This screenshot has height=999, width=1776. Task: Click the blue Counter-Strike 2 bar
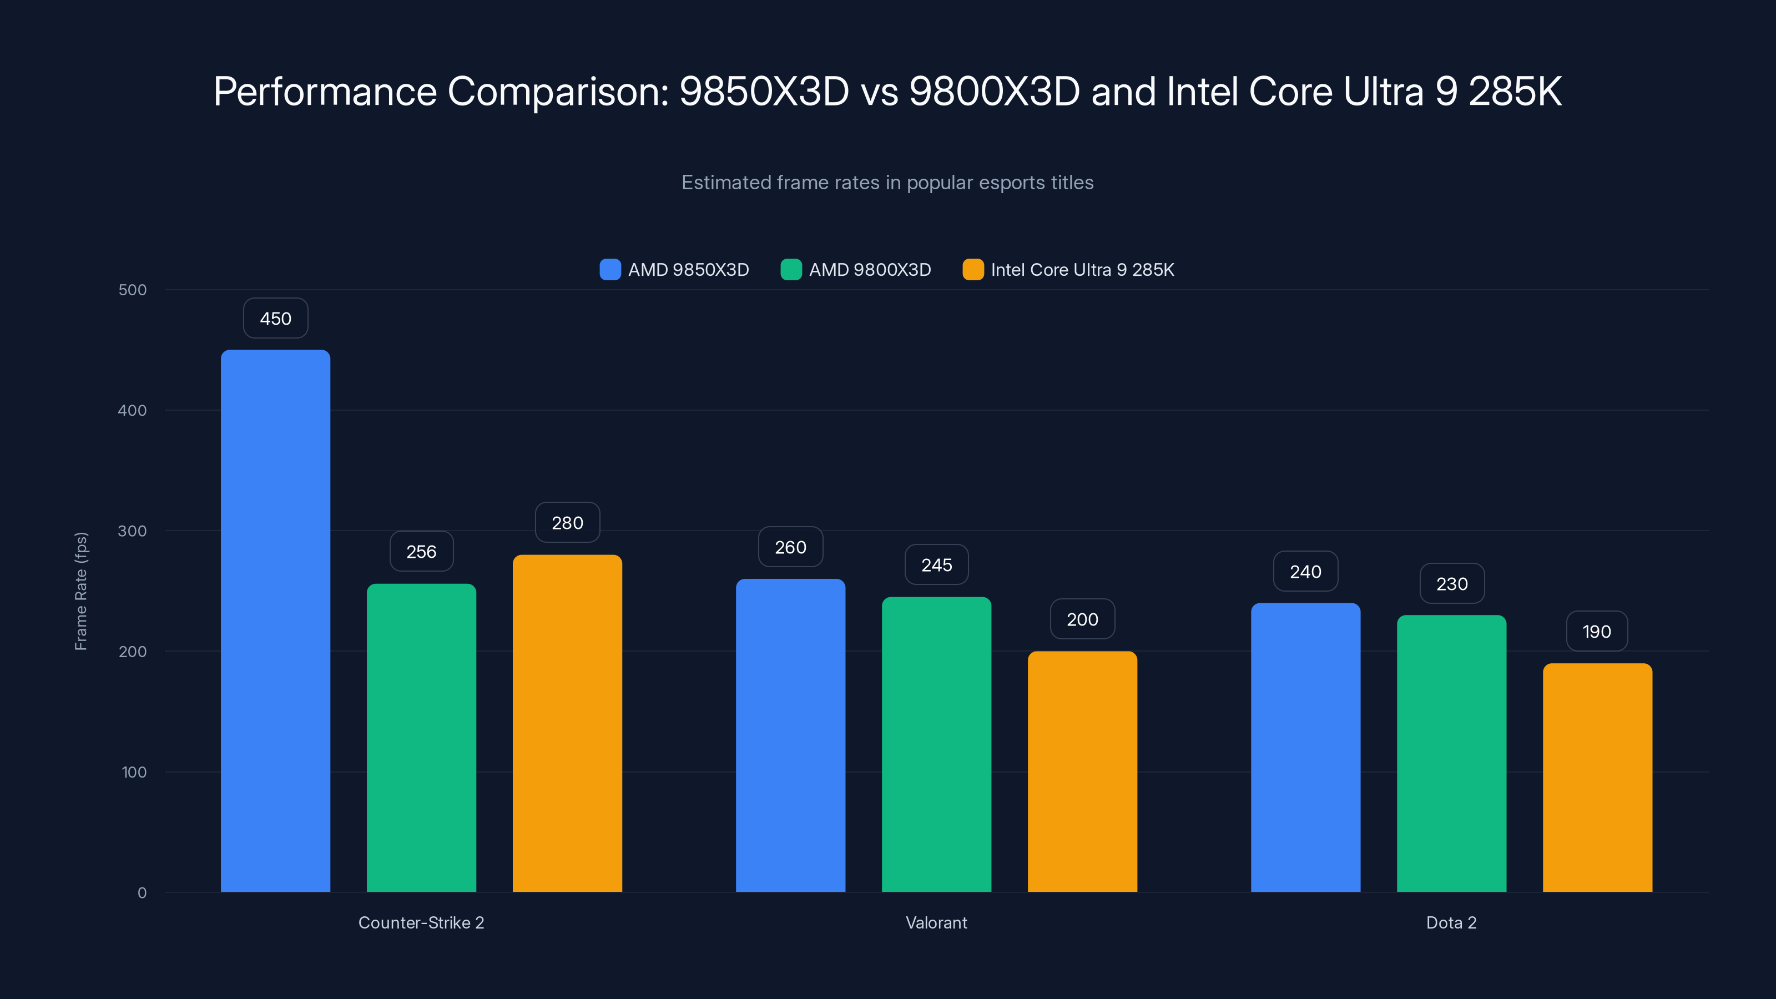[275, 620]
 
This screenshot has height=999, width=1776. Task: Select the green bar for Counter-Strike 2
[421, 738]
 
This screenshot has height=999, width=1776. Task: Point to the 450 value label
[275, 319]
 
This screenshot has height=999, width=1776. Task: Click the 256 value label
[421, 552]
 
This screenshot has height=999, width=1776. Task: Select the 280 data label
[567, 523]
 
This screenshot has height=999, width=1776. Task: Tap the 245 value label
[936, 566]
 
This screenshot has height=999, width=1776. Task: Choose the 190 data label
[1597, 632]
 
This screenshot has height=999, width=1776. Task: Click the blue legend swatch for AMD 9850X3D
[610, 270]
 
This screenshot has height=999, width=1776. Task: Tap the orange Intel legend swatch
[973, 270]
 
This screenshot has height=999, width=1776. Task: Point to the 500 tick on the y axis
[133, 290]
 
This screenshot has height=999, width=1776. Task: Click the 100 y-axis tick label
[134, 772]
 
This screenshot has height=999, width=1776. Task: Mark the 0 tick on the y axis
[142, 893]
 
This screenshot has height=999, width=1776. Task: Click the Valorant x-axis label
[936, 922]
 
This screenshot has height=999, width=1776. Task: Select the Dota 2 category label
[1451, 922]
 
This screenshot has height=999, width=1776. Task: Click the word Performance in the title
[325, 92]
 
